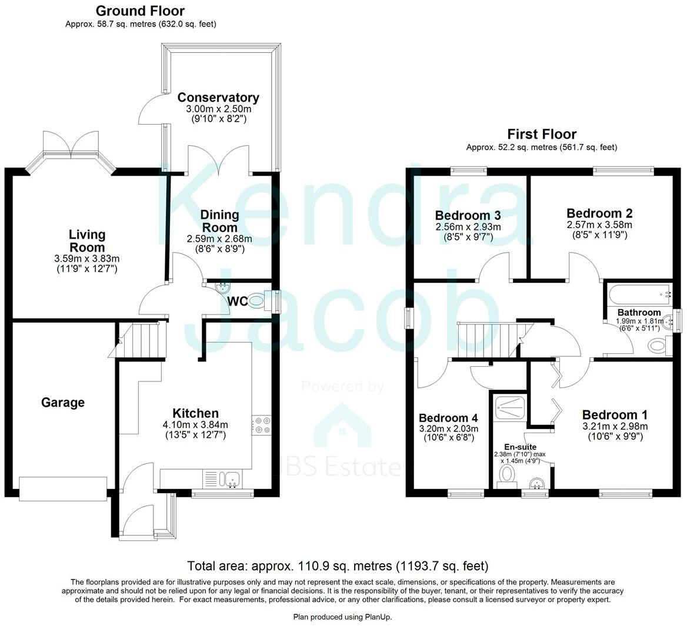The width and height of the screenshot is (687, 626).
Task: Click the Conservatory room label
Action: [218, 98]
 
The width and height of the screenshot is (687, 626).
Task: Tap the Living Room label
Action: [87, 241]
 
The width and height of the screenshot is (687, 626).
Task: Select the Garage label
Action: [63, 403]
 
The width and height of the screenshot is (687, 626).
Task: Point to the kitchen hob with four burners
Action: [261, 425]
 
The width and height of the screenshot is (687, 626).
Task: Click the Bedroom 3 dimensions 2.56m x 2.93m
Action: [468, 227]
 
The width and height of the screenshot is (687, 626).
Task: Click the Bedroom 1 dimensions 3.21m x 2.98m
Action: [615, 427]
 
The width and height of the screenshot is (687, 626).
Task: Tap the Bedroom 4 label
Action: [448, 418]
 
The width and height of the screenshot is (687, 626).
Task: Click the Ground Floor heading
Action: [140, 11]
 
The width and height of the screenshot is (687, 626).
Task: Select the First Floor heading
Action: [542, 135]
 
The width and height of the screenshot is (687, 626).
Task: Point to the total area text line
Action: [338, 567]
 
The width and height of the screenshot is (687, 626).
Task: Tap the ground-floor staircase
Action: [144, 340]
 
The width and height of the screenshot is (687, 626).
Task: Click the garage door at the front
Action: [63, 488]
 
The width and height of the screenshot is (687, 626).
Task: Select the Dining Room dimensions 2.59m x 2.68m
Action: [219, 239]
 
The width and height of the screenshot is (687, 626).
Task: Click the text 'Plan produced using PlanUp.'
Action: [342, 617]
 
